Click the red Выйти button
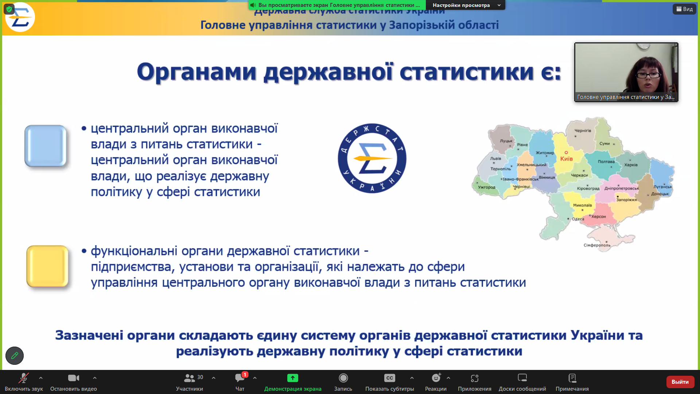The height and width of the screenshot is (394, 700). pos(680,382)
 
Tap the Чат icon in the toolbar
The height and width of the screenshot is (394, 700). pos(240,378)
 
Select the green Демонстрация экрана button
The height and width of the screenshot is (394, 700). pos(292,378)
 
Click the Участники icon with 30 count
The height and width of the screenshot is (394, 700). pos(190,378)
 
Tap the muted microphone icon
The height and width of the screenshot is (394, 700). pos(24,378)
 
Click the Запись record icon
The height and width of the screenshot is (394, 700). pos(343,378)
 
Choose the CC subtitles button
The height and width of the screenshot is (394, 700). pos(389,378)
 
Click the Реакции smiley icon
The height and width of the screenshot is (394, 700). pos(436,378)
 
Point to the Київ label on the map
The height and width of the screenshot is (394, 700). pos(566,159)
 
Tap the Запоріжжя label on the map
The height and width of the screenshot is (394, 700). pos(626,200)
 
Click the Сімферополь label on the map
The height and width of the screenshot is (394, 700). pos(597,245)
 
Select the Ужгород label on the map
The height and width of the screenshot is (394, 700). pos(486,187)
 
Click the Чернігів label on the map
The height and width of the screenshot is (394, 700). pos(583,131)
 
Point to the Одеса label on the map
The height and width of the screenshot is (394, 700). pos(578,219)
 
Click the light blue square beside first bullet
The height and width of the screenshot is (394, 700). pos(46,146)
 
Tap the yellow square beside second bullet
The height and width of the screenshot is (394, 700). pos(47,266)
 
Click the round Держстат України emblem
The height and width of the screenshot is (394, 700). pos(372,158)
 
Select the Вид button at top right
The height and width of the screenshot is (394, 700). pos(684,9)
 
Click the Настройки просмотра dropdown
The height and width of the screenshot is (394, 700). pos(466,5)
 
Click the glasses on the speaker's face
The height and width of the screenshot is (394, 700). pos(649,76)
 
